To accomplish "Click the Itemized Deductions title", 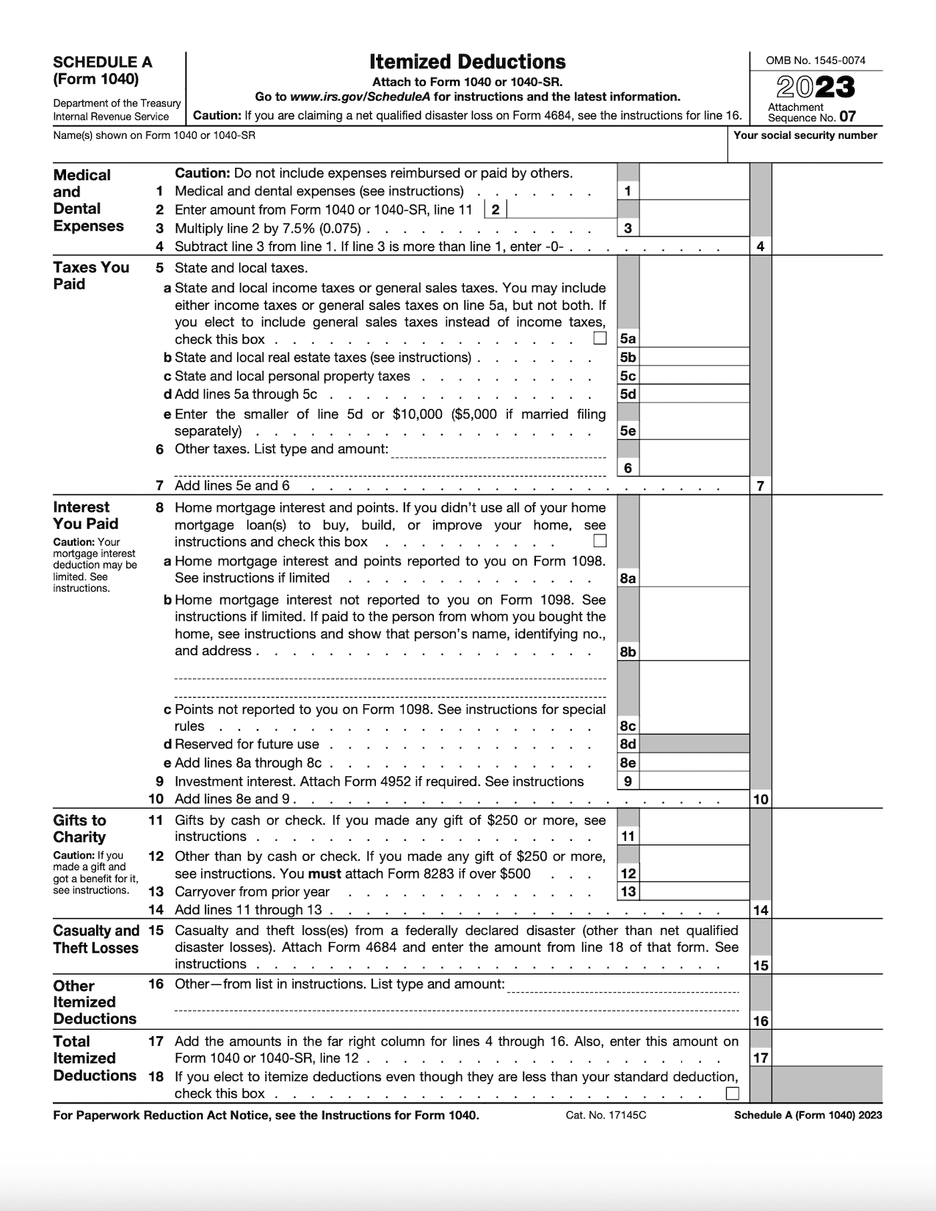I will pyautogui.click(x=467, y=62).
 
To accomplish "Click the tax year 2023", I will pyautogui.click(x=816, y=88).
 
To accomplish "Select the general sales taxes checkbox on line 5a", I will pyautogui.click(x=600, y=339).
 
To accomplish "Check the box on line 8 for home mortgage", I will pyautogui.click(x=600, y=541).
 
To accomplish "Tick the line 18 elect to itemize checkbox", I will pyautogui.click(x=732, y=1093).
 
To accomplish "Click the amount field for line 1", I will pyautogui.click(x=694, y=191).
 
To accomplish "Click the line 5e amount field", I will pyautogui.click(x=694, y=430).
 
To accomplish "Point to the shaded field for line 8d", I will pyautogui.click(x=694, y=744).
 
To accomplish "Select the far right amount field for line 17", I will pyautogui.click(x=827, y=1058).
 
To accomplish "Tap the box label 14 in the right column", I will pyautogui.click(x=761, y=910).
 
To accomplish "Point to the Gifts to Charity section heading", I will pyautogui.click(x=79, y=828).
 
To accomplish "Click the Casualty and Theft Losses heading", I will pyautogui.click(x=96, y=939).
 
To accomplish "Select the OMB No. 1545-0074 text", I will pyautogui.click(x=816, y=61).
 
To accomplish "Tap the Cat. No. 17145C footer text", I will pyautogui.click(x=606, y=1115).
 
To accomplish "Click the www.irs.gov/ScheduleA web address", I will pyautogui.click(x=359, y=97).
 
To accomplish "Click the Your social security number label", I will pyautogui.click(x=805, y=135).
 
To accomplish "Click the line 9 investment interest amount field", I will pyautogui.click(x=694, y=781).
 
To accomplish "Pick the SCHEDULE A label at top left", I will pyautogui.click(x=103, y=62).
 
